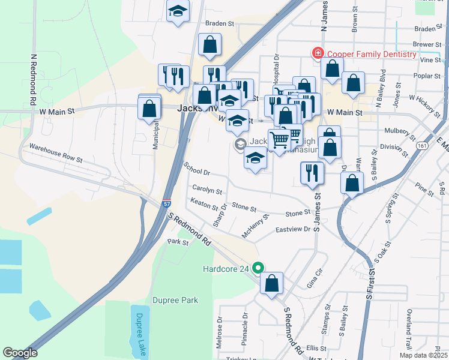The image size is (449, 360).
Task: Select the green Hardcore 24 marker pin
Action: [x=259, y=268]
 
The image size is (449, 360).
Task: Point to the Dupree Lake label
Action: [x=140, y=334]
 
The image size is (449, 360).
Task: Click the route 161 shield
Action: [x=424, y=145]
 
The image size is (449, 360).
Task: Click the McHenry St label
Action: [x=255, y=226]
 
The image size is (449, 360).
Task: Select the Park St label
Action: [x=178, y=242]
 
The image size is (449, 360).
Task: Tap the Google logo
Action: [x=20, y=353]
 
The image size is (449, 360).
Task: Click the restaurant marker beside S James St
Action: [x=312, y=173]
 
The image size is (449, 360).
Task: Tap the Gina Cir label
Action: [x=315, y=278]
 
